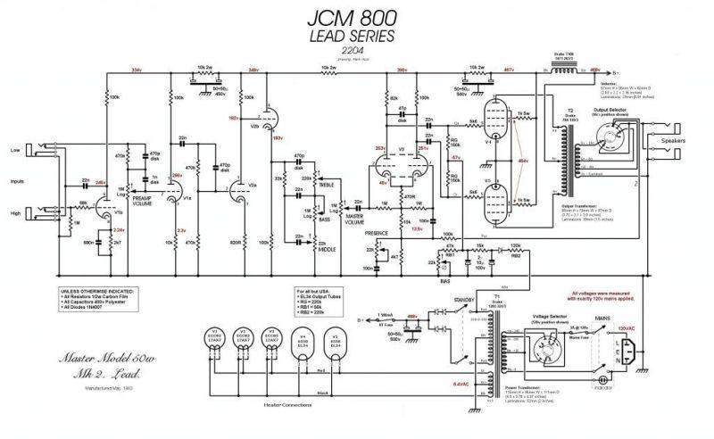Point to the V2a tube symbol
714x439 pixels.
pyautogui.click(x=239, y=189)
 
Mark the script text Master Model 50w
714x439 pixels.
pyautogui.click(x=89, y=360)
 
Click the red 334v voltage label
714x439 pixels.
pyautogui.click(x=136, y=70)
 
